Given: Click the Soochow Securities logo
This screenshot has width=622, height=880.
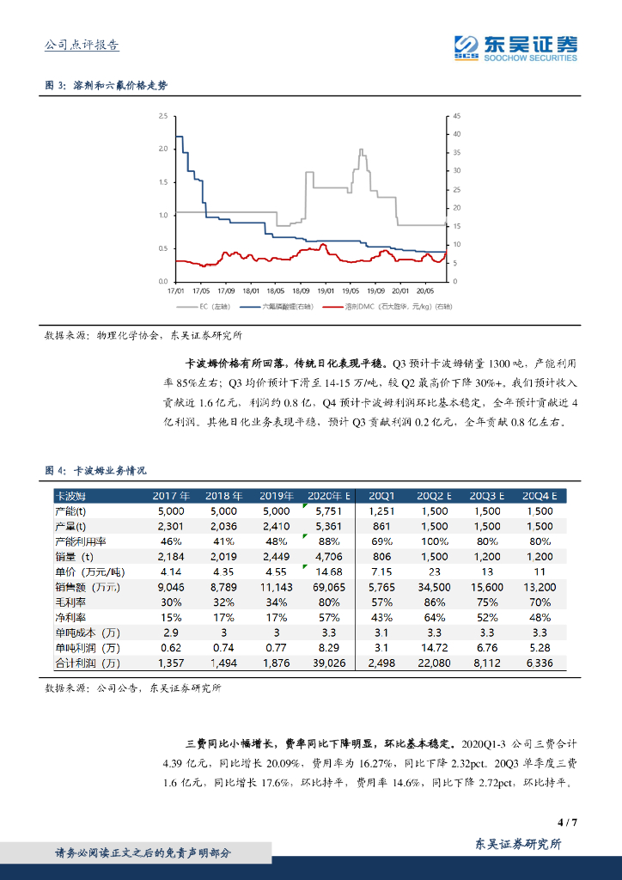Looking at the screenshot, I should (515, 47).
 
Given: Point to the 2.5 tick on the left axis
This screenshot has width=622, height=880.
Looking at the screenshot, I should (162, 116).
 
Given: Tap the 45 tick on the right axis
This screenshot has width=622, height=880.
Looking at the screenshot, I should (457, 116).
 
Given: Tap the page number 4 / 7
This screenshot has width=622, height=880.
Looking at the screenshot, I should (567, 822).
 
